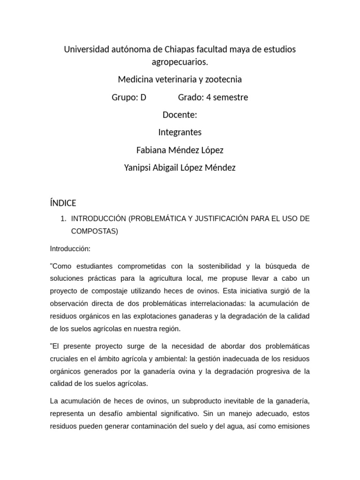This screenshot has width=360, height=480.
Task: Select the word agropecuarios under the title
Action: (180, 62)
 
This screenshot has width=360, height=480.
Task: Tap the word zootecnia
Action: (223, 80)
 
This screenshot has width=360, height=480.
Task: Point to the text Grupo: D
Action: (129, 97)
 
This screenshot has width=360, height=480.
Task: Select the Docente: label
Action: (180, 115)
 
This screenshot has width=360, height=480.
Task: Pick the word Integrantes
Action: (180, 132)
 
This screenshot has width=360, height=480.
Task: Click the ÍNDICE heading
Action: (63, 203)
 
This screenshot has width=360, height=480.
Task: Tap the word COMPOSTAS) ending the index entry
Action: (95, 231)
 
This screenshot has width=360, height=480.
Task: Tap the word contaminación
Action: (161, 427)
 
